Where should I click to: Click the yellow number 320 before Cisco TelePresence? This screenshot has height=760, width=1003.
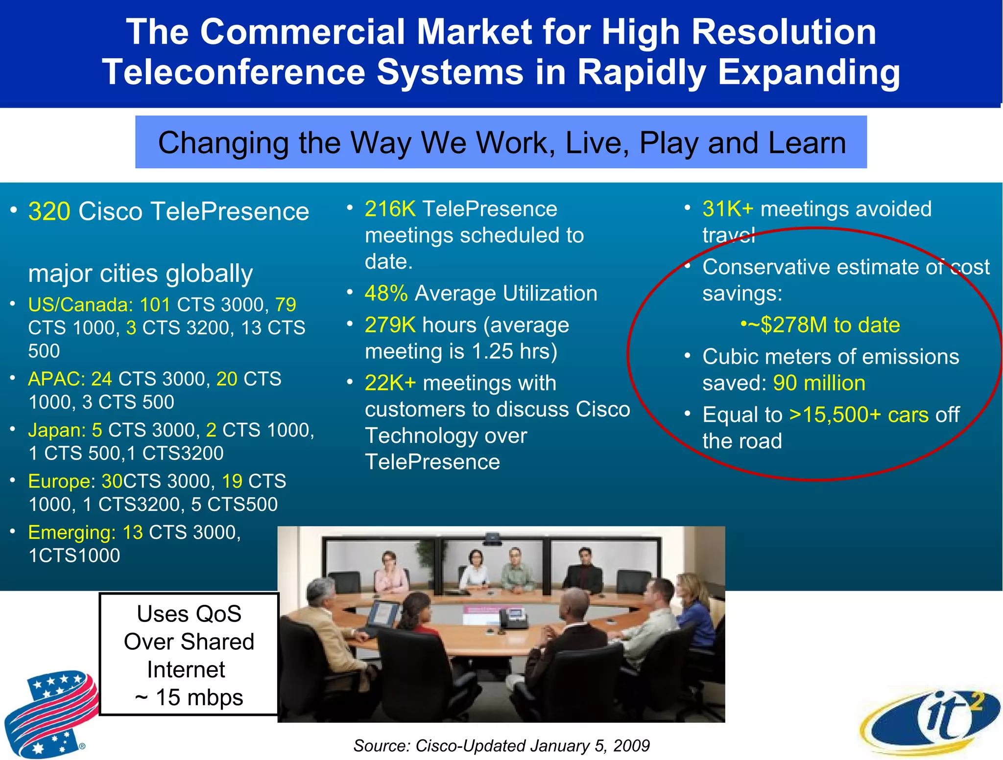tap(49, 211)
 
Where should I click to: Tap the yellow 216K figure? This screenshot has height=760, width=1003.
tap(390, 209)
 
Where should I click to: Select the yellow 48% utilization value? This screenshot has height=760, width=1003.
tap(386, 293)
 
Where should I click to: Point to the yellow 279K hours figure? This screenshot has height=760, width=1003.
tap(390, 325)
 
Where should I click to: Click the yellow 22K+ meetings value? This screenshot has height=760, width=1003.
tap(390, 383)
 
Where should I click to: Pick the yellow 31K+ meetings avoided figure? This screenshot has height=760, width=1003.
tap(727, 209)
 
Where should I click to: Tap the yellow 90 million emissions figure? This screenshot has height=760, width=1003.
tap(819, 383)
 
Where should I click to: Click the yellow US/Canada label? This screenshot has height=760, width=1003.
tap(80, 305)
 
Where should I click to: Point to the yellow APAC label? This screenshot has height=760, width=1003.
tap(56, 379)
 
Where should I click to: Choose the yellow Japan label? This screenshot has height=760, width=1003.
tap(56, 430)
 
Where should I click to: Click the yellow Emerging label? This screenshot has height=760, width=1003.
tap(72, 532)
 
